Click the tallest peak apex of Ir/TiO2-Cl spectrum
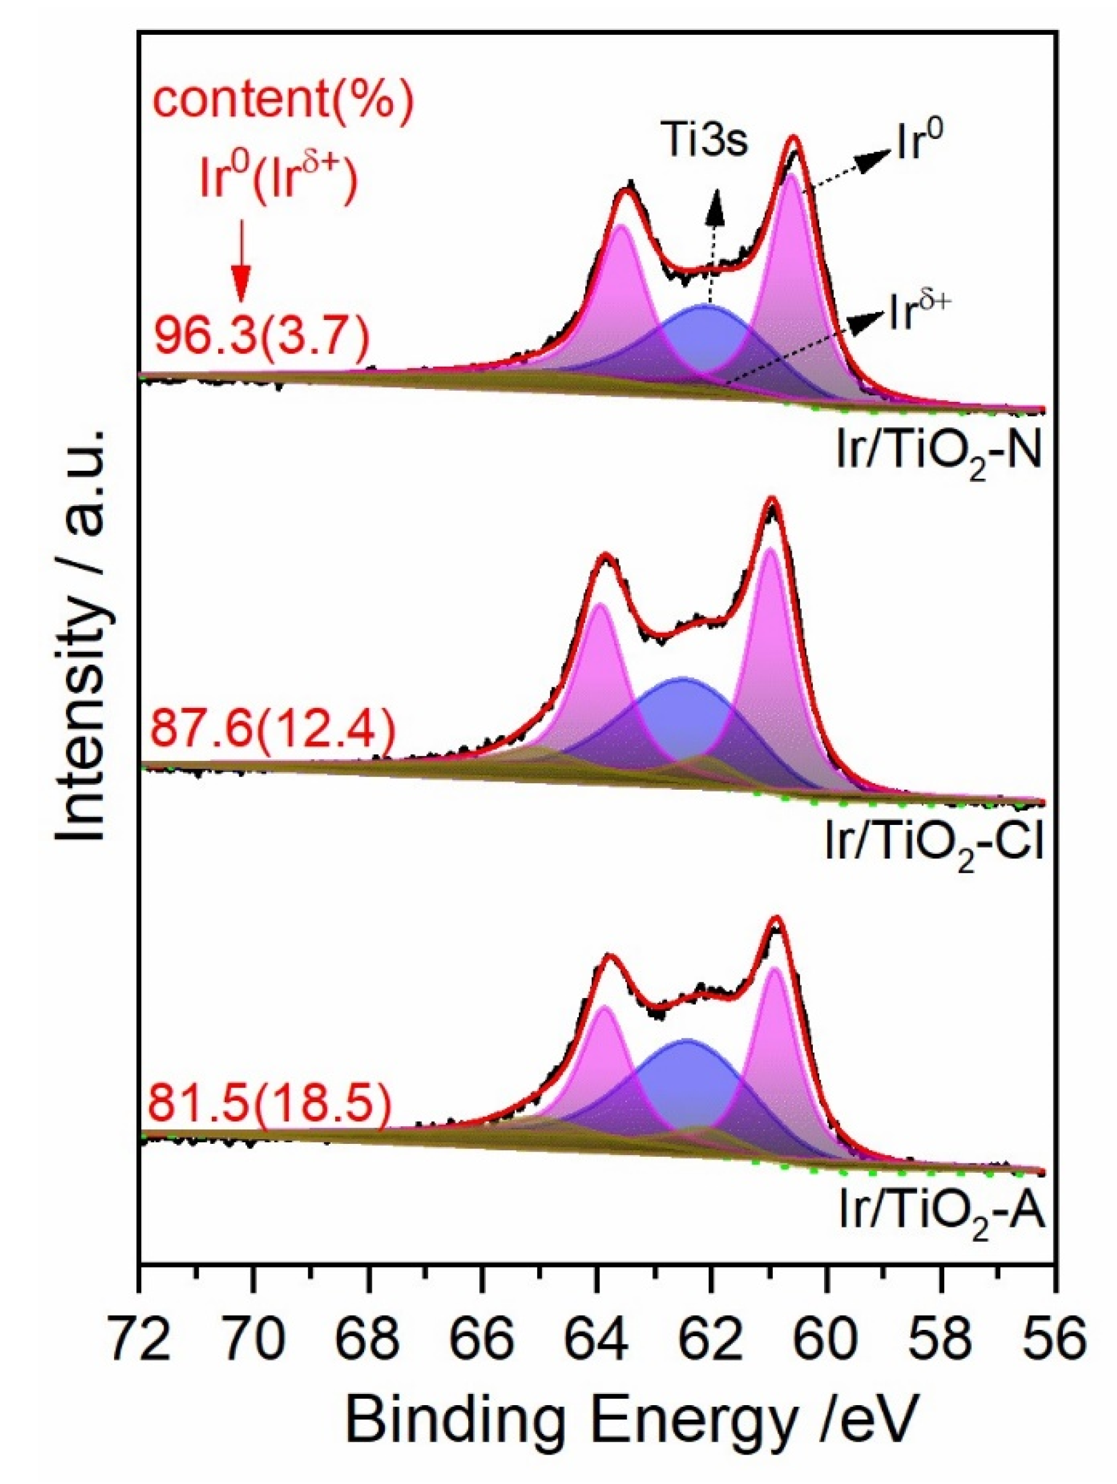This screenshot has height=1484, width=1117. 772,499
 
